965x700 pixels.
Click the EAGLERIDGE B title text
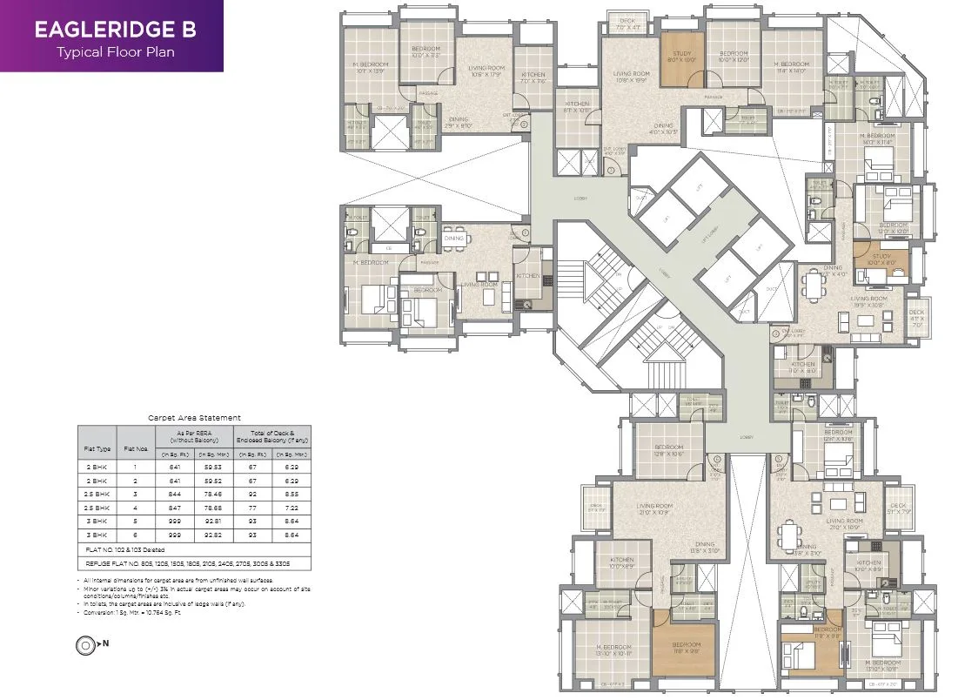click(114, 29)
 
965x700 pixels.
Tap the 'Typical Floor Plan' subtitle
click(114, 51)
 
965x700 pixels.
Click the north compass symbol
click(87, 645)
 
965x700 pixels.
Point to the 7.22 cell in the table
click(292, 506)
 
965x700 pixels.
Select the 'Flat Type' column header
click(97, 450)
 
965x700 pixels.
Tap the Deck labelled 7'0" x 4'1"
click(627, 24)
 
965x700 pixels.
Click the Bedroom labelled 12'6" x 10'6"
click(667, 450)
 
